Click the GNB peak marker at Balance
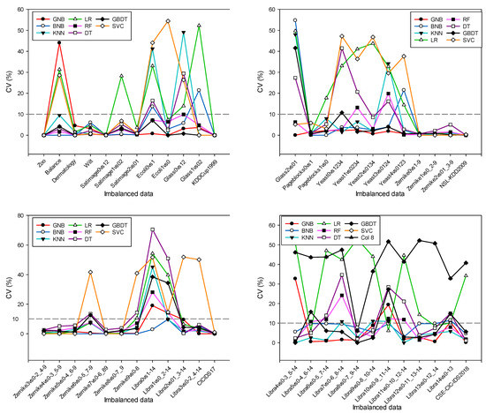[59, 42]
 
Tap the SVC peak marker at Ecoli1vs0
[168, 21]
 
